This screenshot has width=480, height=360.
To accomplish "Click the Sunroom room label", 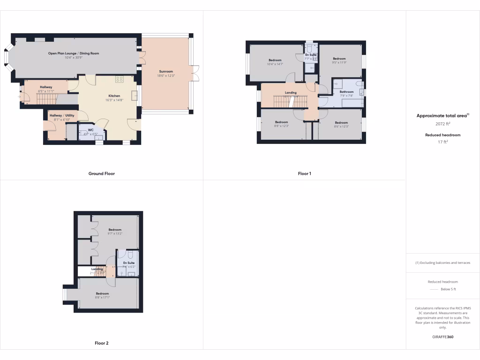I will point(166,72).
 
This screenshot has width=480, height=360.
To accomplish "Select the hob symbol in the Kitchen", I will point(120,79).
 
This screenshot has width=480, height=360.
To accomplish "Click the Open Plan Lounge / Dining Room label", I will point(74,53).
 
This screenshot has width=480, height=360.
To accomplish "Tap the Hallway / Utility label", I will point(62,115).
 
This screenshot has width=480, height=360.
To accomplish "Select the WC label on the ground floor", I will point(90,130).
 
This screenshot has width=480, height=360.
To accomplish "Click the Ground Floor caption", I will point(102,173).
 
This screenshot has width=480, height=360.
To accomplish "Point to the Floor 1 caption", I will point(304,173).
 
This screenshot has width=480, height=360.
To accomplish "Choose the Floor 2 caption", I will point(102,343).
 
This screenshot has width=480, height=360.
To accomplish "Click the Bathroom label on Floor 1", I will point(346,92).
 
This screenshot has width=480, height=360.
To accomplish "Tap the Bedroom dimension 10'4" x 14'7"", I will point(275,64).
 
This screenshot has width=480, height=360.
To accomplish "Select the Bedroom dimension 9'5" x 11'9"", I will point(339,62).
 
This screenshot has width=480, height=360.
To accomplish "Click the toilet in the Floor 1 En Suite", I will point(310,50).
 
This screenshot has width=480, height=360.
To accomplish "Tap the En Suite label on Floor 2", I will point(128,263).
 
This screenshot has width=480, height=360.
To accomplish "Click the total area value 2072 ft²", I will point(443,124).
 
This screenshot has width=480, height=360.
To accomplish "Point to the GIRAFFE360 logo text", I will point(443,337).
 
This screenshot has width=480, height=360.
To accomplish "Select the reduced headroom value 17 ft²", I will point(443,142).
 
